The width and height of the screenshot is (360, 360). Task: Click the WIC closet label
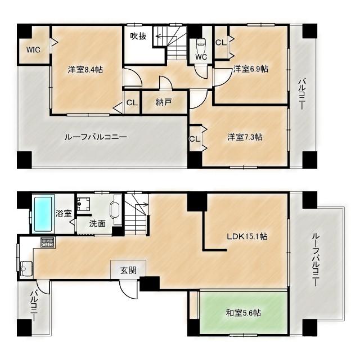click(33, 49)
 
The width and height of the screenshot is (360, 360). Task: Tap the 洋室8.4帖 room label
click(85, 69)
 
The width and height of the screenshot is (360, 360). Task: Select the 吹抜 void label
click(138, 36)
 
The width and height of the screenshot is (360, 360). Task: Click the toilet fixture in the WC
click(201, 46)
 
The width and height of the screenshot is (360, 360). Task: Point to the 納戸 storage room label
click(164, 102)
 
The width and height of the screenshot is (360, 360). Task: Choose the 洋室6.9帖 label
click(250, 69)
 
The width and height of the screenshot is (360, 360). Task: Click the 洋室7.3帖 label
click(245, 137)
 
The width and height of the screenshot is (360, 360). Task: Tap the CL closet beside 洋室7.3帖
click(195, 139)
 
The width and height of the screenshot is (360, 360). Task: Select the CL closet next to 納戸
click(132, 102)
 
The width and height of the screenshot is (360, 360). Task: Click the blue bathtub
click(43, 214)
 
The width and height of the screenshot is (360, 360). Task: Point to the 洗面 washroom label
click(97, 223)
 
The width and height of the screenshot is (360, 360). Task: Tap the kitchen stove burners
click(47, 242)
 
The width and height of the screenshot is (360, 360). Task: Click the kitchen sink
click(26, 268)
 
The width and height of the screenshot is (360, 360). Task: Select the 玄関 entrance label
click(128, 270)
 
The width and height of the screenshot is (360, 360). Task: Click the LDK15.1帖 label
click(247, 236)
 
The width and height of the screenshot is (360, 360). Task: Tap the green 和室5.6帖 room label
click(243, 313)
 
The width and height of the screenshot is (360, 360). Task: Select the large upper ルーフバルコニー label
click(96, 137)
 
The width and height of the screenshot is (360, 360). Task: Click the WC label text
click(201, 57)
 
